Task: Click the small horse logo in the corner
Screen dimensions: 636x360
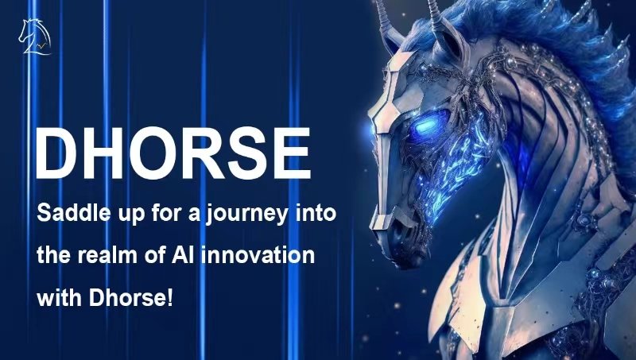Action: tap(35, 37)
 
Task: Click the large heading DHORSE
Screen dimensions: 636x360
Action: tap(173, 153)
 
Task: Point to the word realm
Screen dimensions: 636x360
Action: tap(107, 255)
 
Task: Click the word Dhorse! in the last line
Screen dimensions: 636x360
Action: tap(131, 298)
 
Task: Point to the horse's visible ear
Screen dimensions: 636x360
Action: tap(449, 38)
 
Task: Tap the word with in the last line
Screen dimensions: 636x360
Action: tap(60, 298)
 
